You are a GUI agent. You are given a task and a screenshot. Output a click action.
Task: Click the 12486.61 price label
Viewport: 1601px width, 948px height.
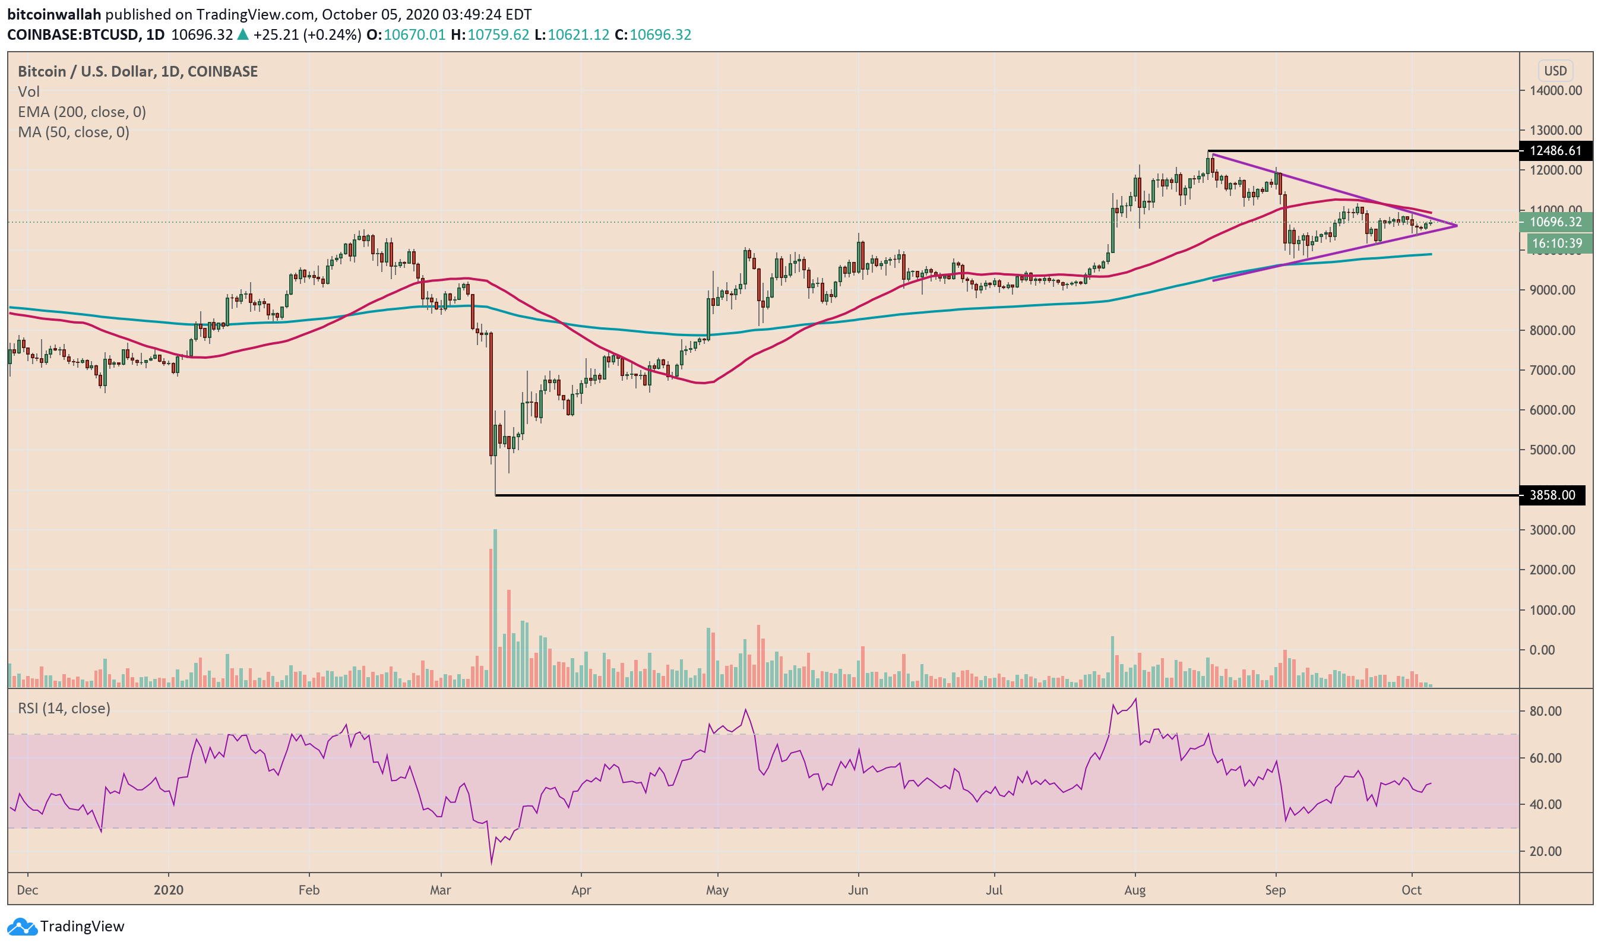click(x=1556, y=151)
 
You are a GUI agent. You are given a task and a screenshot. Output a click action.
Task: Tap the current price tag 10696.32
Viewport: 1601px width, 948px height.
click(x=1556, y=222)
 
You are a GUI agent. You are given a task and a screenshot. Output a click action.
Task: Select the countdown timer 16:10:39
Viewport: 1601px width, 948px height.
click(x=1557, y=244)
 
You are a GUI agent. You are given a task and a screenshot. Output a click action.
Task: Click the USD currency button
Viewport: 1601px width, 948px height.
click(x=1555, y=71)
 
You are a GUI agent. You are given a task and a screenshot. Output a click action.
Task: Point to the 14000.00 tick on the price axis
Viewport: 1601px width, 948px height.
click(x=1555, y=91)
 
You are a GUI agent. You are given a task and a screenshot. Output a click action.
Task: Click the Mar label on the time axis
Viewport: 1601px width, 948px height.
click(x=441, y=890)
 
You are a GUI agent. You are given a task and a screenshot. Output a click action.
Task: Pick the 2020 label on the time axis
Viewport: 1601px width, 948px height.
click(x=169, y=890)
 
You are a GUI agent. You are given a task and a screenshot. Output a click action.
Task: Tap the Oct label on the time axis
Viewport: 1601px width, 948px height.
click(x=1412, y=890)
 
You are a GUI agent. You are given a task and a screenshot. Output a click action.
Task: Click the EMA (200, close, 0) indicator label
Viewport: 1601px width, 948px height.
click(x=82, y=112)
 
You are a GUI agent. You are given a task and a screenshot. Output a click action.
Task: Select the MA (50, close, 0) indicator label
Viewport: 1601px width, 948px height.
click(x=74, y=132)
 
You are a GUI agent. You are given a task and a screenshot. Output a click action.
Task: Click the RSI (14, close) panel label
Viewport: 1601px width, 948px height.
click(x=64, y=709)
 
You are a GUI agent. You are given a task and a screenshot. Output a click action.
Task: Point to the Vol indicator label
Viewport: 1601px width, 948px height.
click(x=29, y=92)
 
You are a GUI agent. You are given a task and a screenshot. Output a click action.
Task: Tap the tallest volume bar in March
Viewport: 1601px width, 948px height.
click(x=495, y=607)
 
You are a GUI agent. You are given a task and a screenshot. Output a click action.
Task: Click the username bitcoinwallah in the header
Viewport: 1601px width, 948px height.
click(x=54, y=14)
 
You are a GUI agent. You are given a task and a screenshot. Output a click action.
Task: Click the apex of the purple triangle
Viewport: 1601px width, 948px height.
click(x=1457, y=226)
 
